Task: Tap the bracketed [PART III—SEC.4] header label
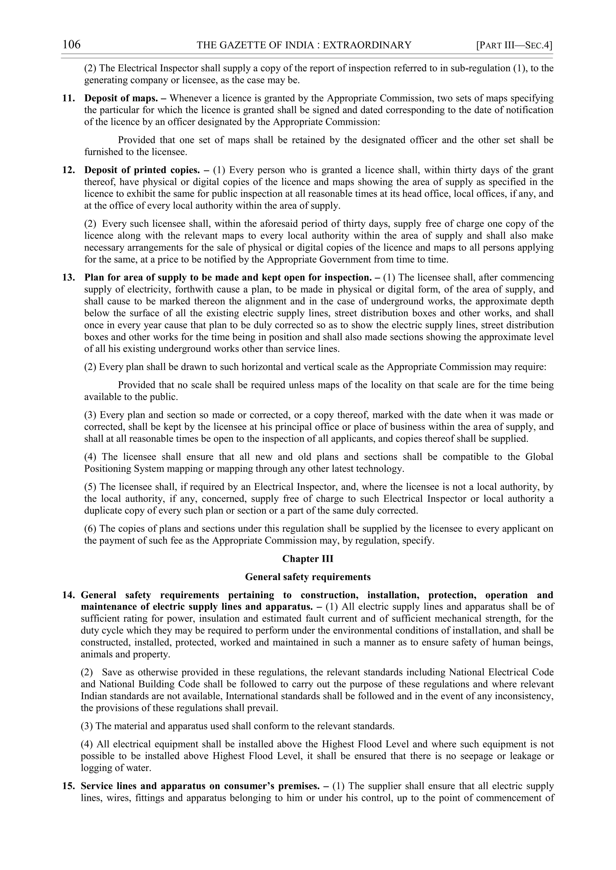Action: [514, 45]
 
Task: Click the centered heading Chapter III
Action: [308, 559]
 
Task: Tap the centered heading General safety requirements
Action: [308, 577]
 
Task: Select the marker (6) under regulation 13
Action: [90, 529]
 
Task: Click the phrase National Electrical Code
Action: [501, 673]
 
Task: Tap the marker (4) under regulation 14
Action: [87, 744]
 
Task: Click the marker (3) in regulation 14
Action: [87, 726]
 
